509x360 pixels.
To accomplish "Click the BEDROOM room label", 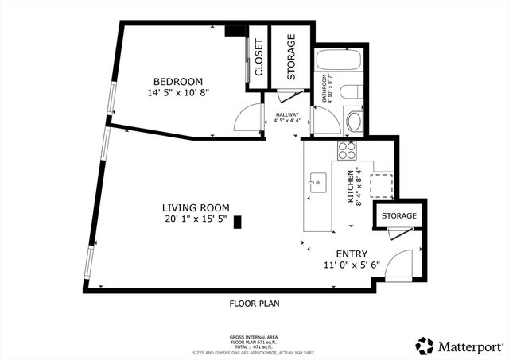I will point(178,81).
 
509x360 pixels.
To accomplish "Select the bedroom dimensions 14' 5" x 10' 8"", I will point(178,93).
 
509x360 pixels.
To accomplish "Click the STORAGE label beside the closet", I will point(291,57).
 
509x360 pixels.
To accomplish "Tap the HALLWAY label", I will point(287,116).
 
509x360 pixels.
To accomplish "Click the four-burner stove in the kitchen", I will point(348,149).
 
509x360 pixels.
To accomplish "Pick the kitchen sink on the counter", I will point(317,182).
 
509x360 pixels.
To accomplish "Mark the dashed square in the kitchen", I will point(382,184).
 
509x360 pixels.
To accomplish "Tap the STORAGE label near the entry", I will point(398,216).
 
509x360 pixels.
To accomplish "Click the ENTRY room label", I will point(352,254).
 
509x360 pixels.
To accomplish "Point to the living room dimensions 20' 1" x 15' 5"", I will point(196,219).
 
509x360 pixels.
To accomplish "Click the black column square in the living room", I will point(237,224).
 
